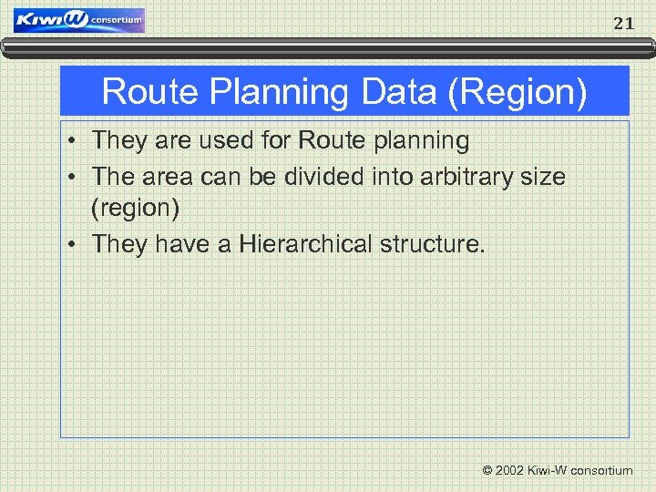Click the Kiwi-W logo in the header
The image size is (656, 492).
tap(79, 20)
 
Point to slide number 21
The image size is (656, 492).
tap(623, 25)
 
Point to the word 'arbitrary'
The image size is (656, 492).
tap(472, 176)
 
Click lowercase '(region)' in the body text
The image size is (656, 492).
tap(136, 210)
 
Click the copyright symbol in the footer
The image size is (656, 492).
tap(487, 471)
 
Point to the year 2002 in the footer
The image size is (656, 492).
tap(510, 471)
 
